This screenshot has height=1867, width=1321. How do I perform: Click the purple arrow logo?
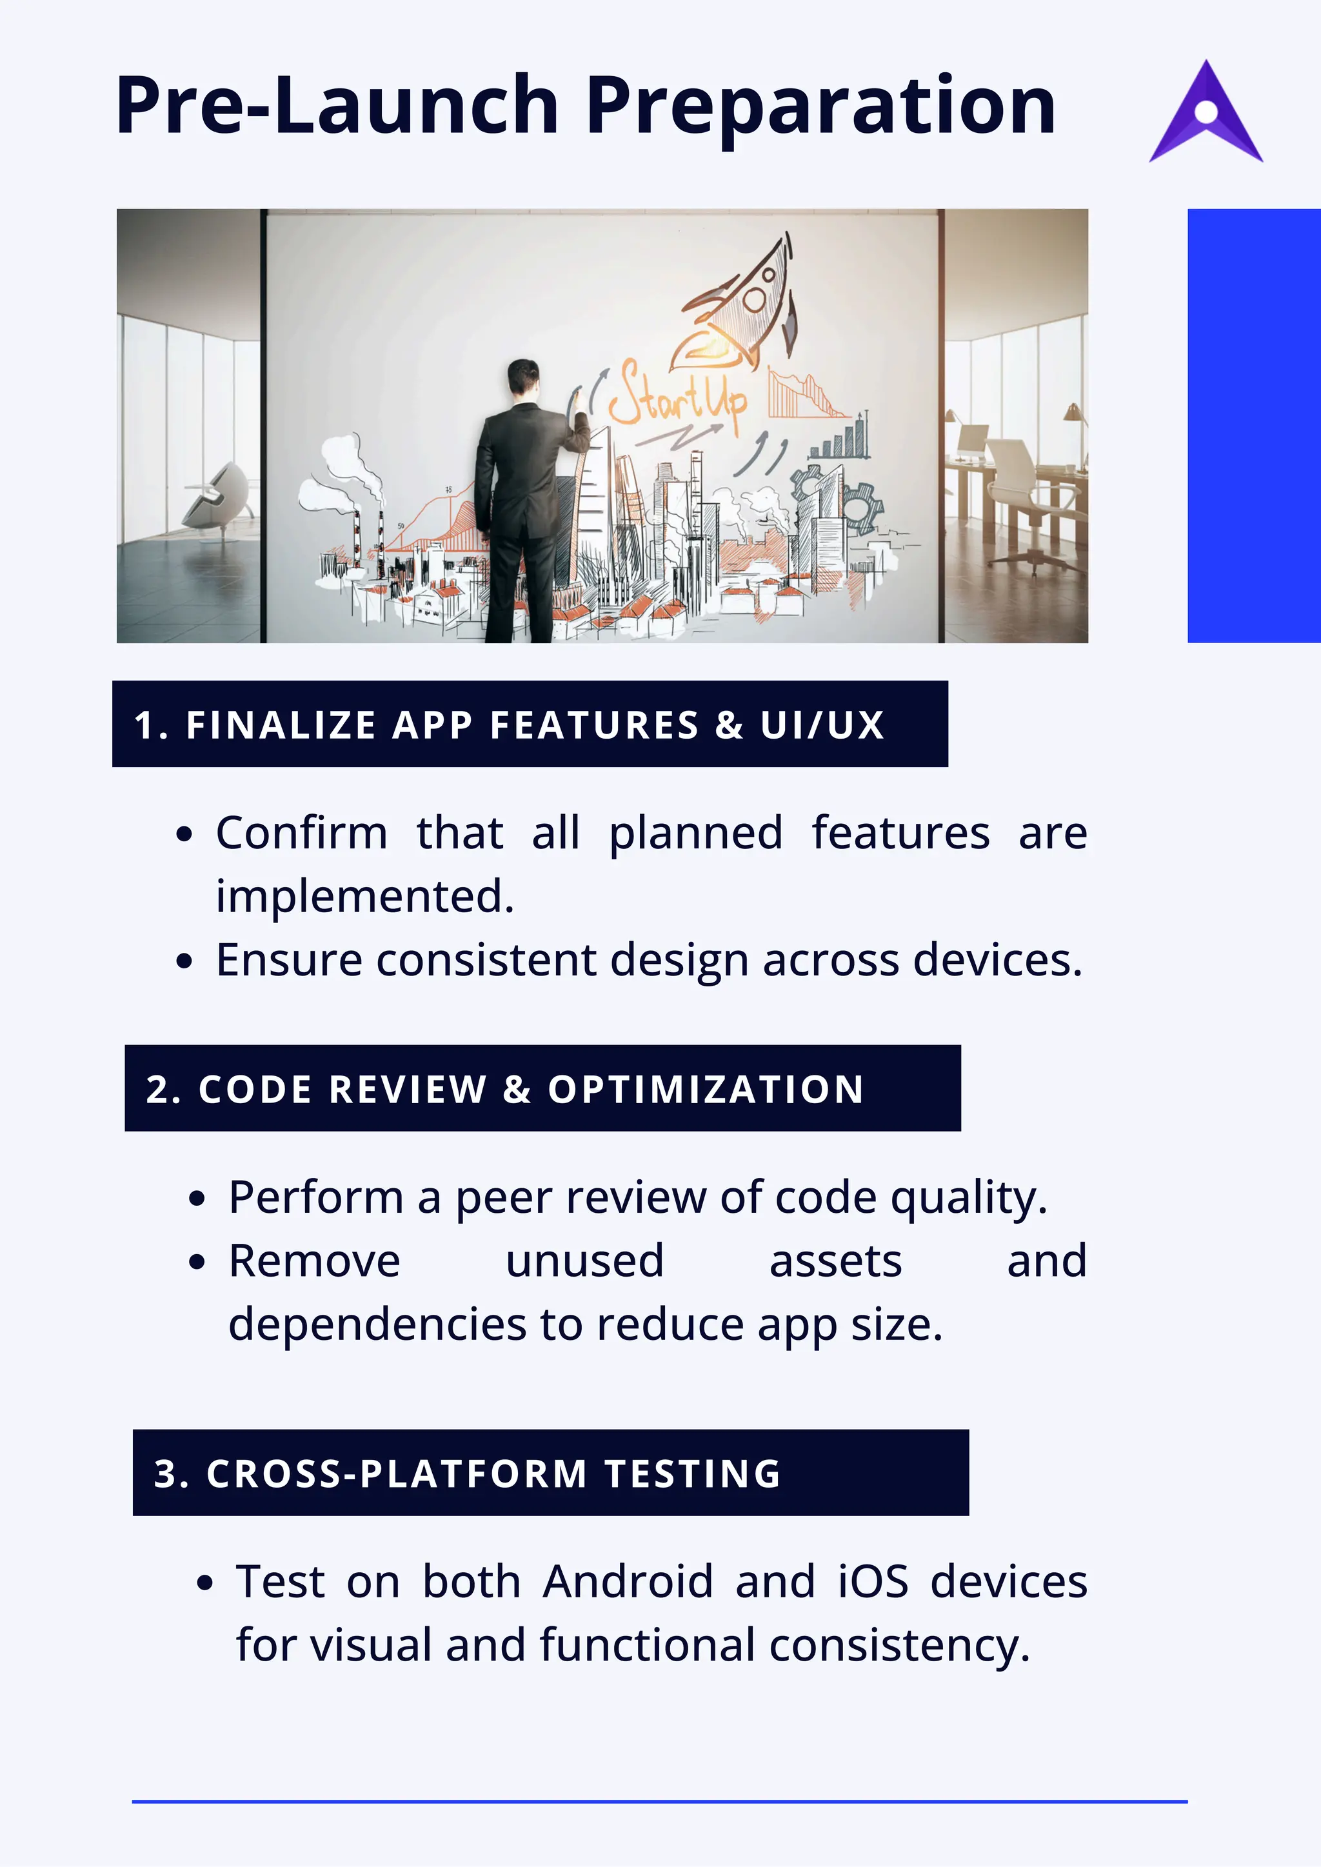(1206, 114)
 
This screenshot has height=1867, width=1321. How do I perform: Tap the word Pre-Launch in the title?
(337, 106)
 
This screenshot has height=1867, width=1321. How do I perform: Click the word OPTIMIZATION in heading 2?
(705, 1089)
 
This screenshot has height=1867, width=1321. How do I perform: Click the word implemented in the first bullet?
(364, 897)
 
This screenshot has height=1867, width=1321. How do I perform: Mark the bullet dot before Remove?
(197, 1263)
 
